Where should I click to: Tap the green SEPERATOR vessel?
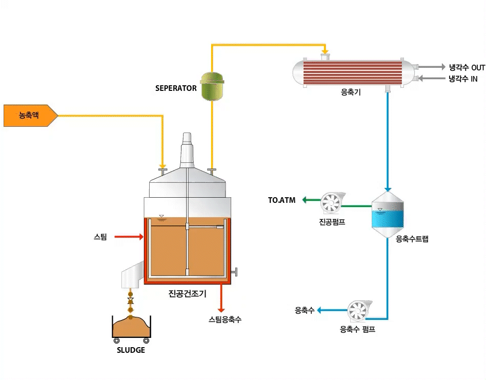pos(212,86)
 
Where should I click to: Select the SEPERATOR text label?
pos(176,88)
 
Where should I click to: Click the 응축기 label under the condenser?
pos(351,92)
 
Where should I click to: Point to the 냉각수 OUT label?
pos(467,67)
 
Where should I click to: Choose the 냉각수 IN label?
pos(463,79)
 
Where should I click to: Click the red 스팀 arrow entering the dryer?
pos(128,237)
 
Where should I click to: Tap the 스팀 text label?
pos(100,237)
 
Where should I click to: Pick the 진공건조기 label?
pos(187,294)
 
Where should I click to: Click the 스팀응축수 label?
pos(225,319)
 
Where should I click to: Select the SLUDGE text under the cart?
pos(131,350)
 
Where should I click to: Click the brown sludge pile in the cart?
pos(131,326)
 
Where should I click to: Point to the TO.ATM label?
pos(282,200)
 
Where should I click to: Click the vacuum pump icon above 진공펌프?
pos(330,203)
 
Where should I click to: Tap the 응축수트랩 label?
pos(412,239)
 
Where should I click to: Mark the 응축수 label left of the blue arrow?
pos(305,310)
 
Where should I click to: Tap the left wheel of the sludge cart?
pos(116,340)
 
